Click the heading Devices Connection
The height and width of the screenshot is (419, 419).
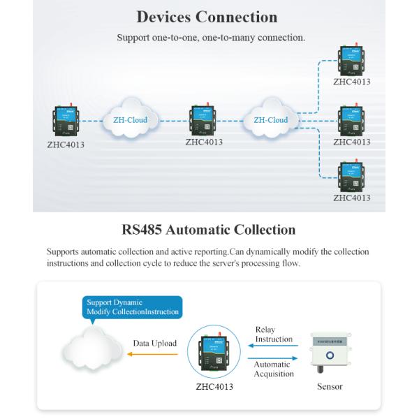pyautogui.click(x=207, y=17)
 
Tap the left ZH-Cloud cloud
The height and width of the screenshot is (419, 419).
pyautogui.click(x=131, y=120)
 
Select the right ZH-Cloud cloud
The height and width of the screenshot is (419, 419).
pyautogui.click(x=271, y=120)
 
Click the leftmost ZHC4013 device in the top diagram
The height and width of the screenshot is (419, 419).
pyautogui.click(x=65, y=122)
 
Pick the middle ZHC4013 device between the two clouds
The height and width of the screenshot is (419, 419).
pyautogui.click(x=204, y=120)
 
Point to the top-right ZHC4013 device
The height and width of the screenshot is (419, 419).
pyautogui.click(x=351, y=61)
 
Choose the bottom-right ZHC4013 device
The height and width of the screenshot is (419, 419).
pyautogui.click(x=351, y=176)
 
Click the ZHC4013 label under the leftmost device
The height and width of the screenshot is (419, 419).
pyautogui.click(x=65, y=145)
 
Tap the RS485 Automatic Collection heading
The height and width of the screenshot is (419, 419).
pyautogui.click(x=208, y=230)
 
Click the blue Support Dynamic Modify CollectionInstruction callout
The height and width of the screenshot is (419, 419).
pyautogui.click(x=132, y=307)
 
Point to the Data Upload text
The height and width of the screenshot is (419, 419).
pyautogui.click(x=155, y=344)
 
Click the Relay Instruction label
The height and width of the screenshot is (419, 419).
pyautogui.click(x=274, y=335)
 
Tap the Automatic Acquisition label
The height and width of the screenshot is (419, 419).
pyautogui.click(x=273, y=369)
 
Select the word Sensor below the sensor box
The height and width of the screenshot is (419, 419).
pyautogui.click(x=330, y=386)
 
